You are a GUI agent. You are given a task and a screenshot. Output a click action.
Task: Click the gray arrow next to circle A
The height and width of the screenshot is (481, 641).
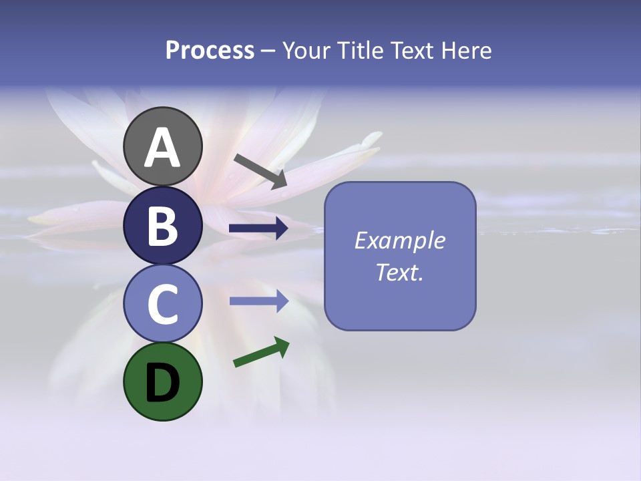260,171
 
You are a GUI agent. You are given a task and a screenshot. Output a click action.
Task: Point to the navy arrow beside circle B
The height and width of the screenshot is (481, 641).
258,229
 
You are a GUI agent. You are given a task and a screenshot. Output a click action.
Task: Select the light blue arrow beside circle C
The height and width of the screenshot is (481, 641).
258,301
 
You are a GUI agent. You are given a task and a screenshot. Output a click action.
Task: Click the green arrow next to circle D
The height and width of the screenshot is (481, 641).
261,352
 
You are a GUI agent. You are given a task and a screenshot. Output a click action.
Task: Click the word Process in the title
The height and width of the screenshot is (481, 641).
210,50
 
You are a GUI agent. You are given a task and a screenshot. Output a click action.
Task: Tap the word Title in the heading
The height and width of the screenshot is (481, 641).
361,50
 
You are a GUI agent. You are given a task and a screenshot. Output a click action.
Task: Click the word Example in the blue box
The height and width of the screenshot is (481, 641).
400,240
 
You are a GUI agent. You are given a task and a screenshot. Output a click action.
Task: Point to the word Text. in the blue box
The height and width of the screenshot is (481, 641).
400,272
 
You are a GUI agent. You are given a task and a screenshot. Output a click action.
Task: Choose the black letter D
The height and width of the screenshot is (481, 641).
162,382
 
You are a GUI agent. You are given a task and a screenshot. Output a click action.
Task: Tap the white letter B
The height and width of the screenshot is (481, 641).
162,226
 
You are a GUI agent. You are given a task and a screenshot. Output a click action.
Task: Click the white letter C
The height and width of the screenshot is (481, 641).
162,304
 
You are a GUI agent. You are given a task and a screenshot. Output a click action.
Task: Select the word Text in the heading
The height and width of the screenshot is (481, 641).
413,50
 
